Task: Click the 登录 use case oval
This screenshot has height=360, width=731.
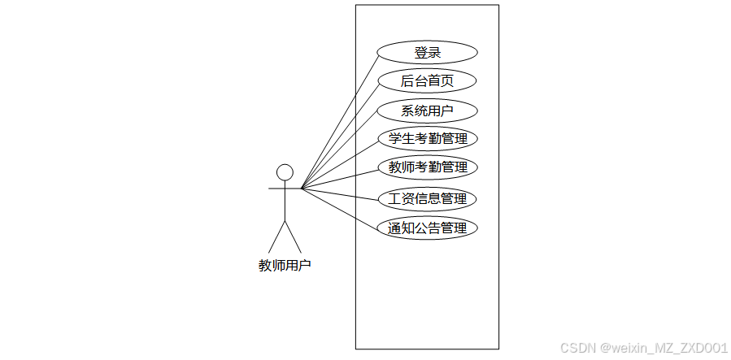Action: (428, 52)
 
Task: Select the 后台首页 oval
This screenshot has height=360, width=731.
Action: (428, 81)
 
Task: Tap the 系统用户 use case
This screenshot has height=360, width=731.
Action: (428, 111)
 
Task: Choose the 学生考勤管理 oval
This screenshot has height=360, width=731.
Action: (428, 139)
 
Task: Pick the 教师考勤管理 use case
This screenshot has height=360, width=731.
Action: (428, 168)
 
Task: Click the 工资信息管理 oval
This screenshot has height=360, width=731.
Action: (428, 198)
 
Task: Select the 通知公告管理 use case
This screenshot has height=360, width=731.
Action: (428, 228)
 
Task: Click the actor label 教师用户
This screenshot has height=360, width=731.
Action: (285, 265)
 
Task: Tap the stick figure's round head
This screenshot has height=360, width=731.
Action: (285, 172)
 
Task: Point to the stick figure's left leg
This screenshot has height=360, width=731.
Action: (276, 236)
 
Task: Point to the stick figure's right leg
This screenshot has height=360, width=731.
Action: (293, 236)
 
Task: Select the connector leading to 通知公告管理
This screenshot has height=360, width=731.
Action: (342, 208)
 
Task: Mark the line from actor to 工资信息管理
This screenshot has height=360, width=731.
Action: (342, 193)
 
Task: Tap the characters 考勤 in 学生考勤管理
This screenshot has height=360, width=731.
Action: (428, 139)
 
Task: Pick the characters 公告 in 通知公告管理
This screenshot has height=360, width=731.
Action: (428, 228)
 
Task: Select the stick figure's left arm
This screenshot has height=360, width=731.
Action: (276, 189)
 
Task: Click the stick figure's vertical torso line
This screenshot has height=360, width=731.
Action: (285, 203)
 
